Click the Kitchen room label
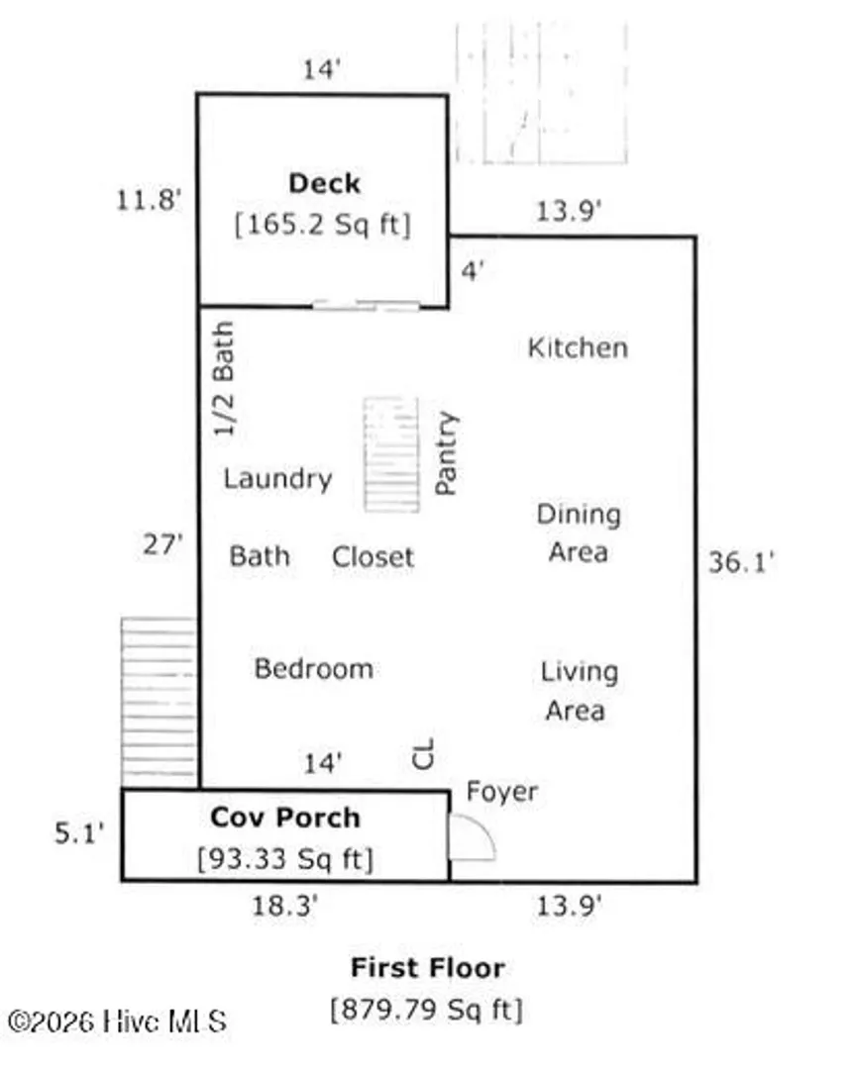pos(578,347)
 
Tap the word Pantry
pos(446,452)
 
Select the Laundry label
pos(277,479)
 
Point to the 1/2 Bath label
pos(224,378)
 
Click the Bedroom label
pos(313,669)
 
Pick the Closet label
pos(373,557)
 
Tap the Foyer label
pos(502,792)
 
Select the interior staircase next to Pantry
pos(391,454)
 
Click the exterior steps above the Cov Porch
pos(159,703)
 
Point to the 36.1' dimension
pos(741,562)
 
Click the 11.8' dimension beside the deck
pos(148,200)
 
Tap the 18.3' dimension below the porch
pos(285,906)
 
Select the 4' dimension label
pos(473,271)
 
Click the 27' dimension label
pos(163,545)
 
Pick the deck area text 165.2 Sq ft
pos(323,225)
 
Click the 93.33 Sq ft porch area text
pos(285,859)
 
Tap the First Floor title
pos(428,967)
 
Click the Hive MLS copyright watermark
pos(117,1021)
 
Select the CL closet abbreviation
pos(424,754)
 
